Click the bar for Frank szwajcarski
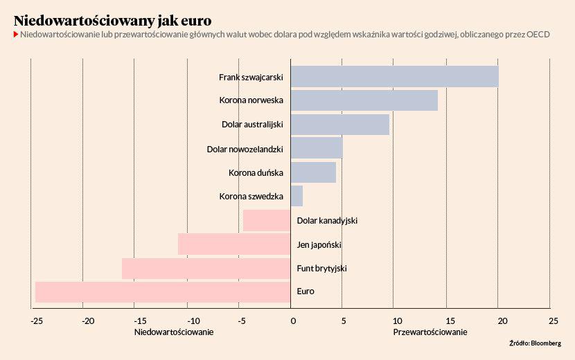coord(394,77)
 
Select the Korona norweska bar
coord(364,100)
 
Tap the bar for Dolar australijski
coord(339,125)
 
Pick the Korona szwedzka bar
coord(297,196)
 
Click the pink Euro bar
coord(162,291)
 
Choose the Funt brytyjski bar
coord(206,268)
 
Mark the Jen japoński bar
coord(233,244)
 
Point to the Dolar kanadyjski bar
coord(266,220)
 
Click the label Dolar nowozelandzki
coord(246,149)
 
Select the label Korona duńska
coord(256,172)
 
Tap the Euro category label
coord(306,291)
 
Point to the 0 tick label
coord(293,321)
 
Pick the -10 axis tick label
coord(192,321)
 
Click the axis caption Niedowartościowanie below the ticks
coord(173,332)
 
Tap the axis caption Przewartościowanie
coord(430,332)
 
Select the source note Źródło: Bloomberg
coord(535,343)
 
